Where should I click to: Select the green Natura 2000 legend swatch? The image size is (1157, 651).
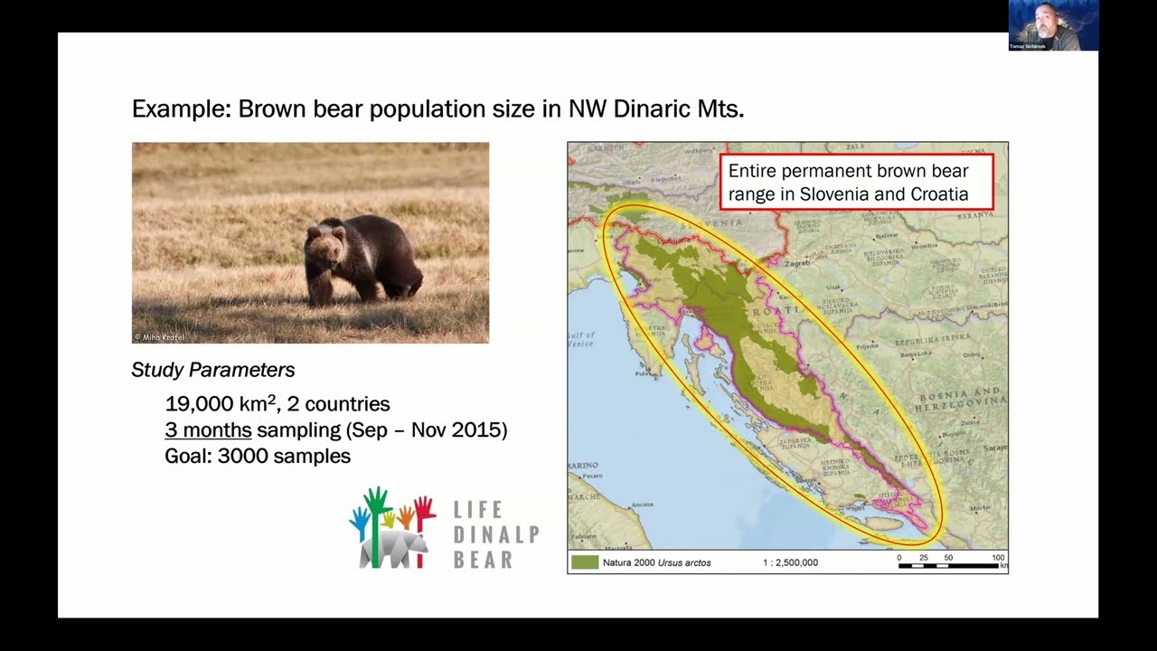tap(585, 562)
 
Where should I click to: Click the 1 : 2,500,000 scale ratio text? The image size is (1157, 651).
tap(790, 562)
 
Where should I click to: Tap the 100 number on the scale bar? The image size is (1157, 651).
tap(998, 557)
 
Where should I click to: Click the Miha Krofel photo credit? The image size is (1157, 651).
tap(159, 337)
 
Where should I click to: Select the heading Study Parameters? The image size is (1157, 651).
tap(213, 370)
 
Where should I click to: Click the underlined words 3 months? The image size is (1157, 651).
tap(208, 429)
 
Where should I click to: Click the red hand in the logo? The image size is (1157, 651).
tap(424, 509)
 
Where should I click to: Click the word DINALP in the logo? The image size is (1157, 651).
tap(495, 534)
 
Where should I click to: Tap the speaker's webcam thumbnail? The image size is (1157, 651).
tap(1053, 24)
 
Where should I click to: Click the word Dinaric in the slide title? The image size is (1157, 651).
tap(654, 108)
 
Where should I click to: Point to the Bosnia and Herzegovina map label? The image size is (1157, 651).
tap(959, 401)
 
